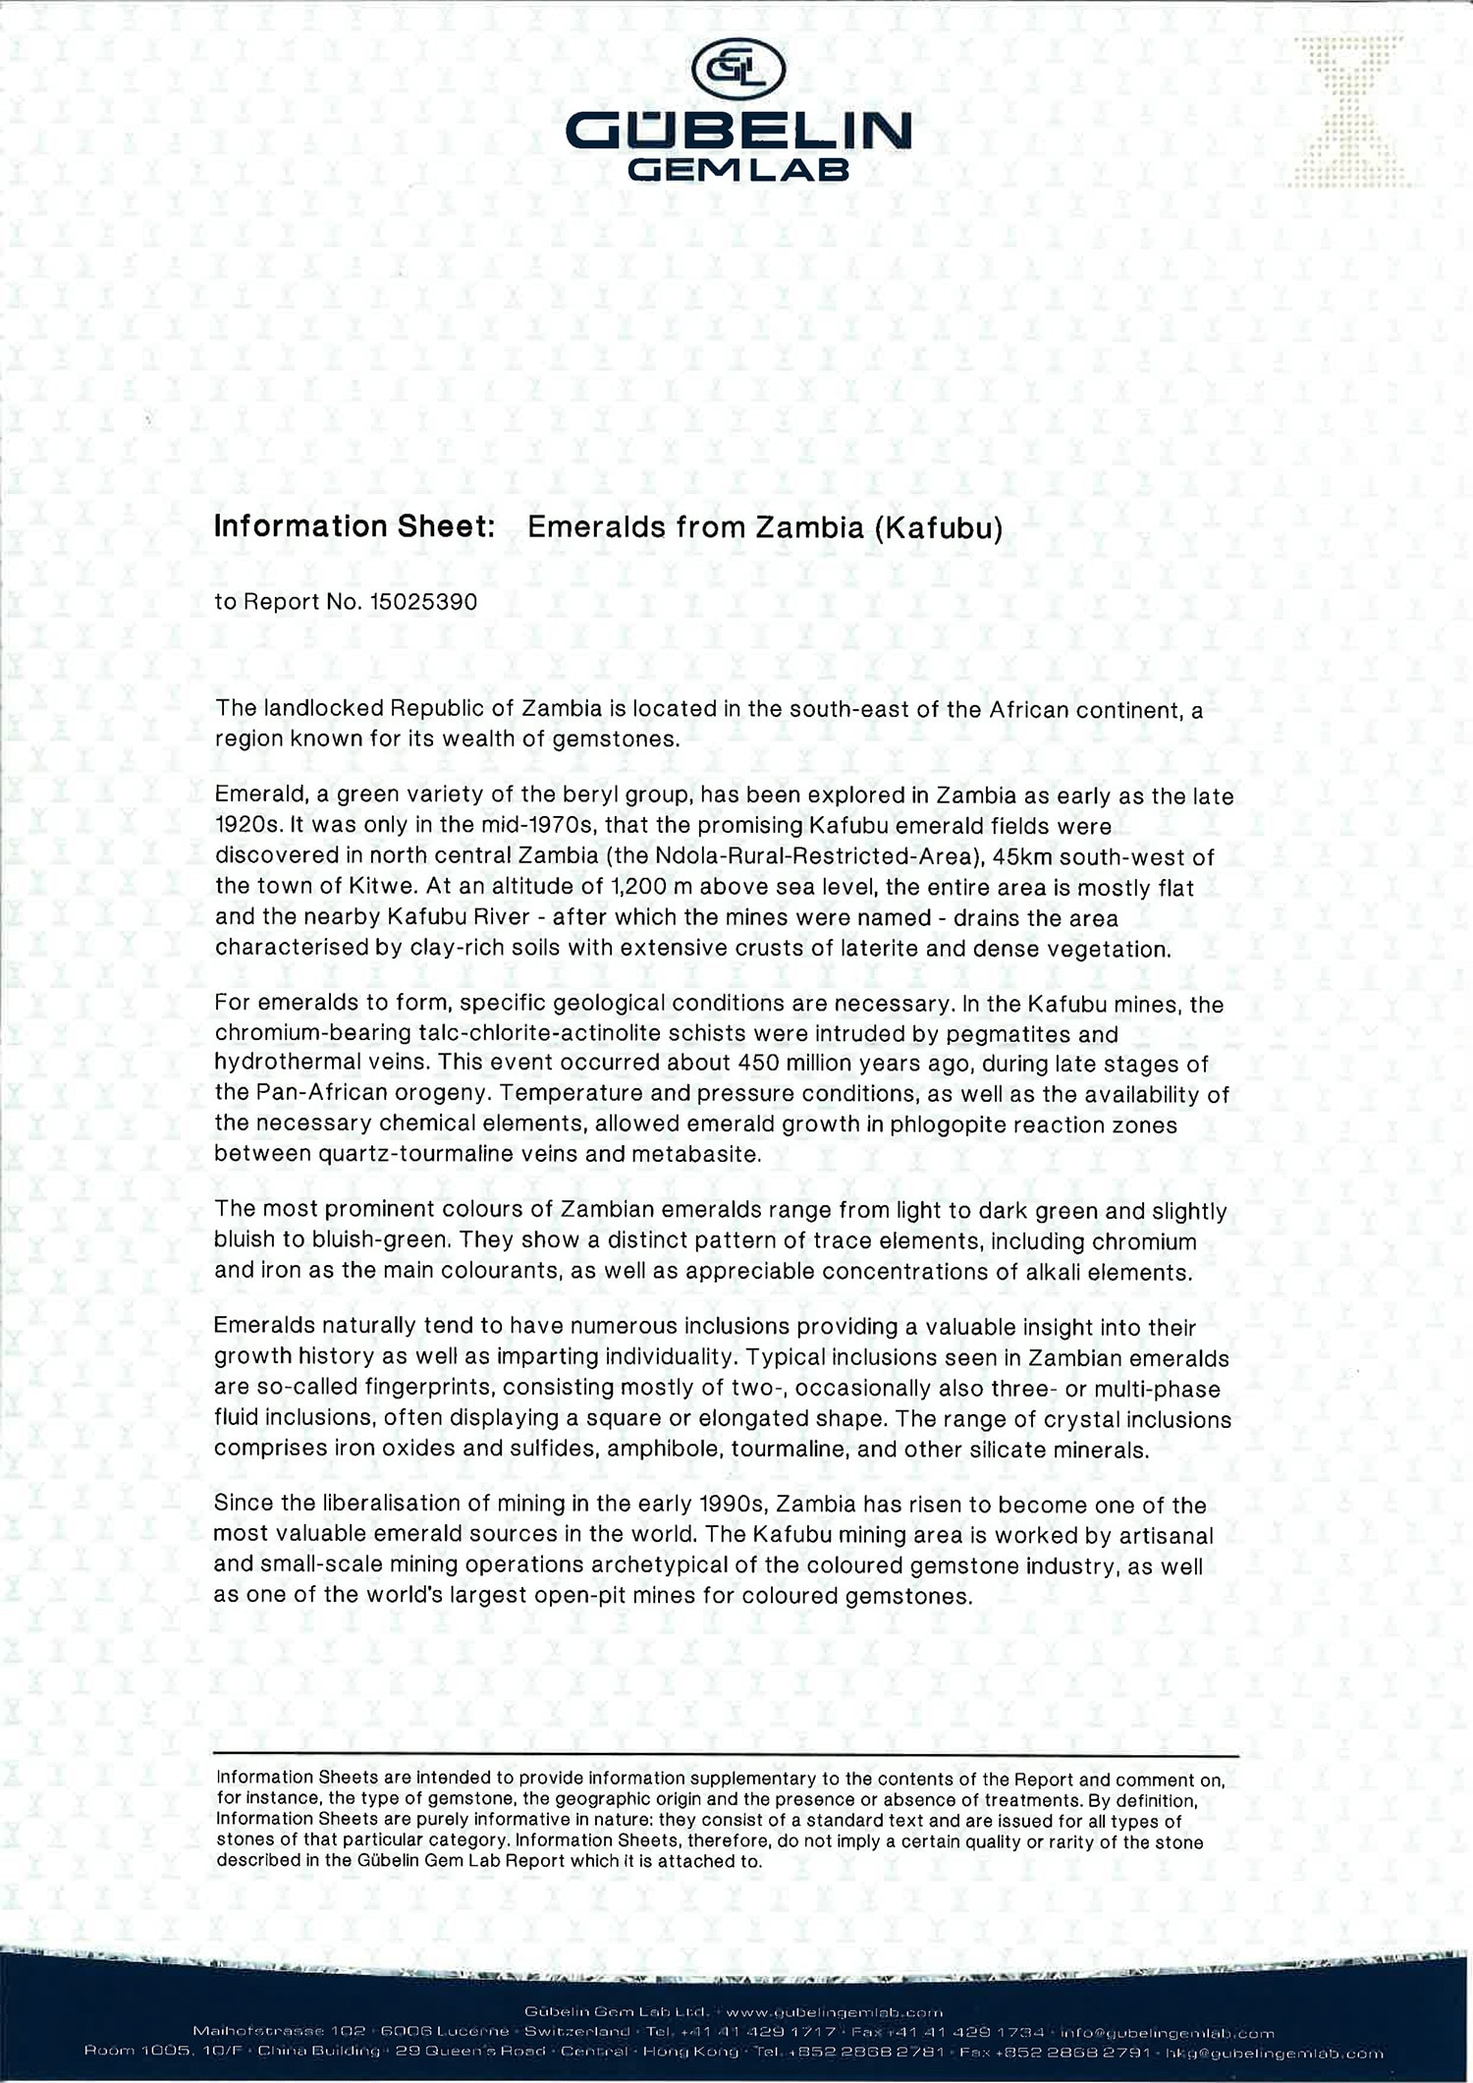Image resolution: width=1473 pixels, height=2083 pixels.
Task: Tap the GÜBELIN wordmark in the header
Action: tap(738, 132)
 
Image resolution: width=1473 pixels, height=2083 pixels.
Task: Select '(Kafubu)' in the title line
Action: tap(937, 527)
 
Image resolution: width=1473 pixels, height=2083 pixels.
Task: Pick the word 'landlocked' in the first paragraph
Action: tap(322, 708)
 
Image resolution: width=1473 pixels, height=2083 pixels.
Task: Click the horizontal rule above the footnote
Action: tap(726, 1755)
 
